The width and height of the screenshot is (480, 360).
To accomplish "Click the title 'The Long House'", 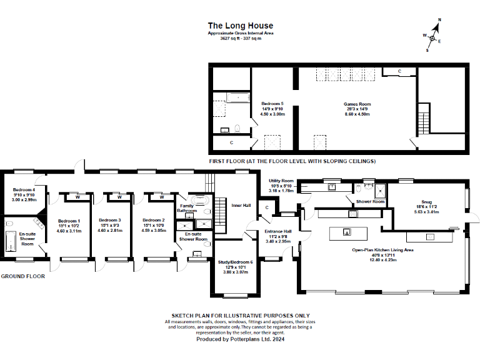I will point(241,26).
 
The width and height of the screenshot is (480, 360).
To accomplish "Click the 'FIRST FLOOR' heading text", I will point(292,161).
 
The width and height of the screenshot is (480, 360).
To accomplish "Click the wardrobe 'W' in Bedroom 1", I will point(77,197).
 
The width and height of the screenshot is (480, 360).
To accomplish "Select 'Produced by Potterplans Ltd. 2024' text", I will point(241,339).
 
